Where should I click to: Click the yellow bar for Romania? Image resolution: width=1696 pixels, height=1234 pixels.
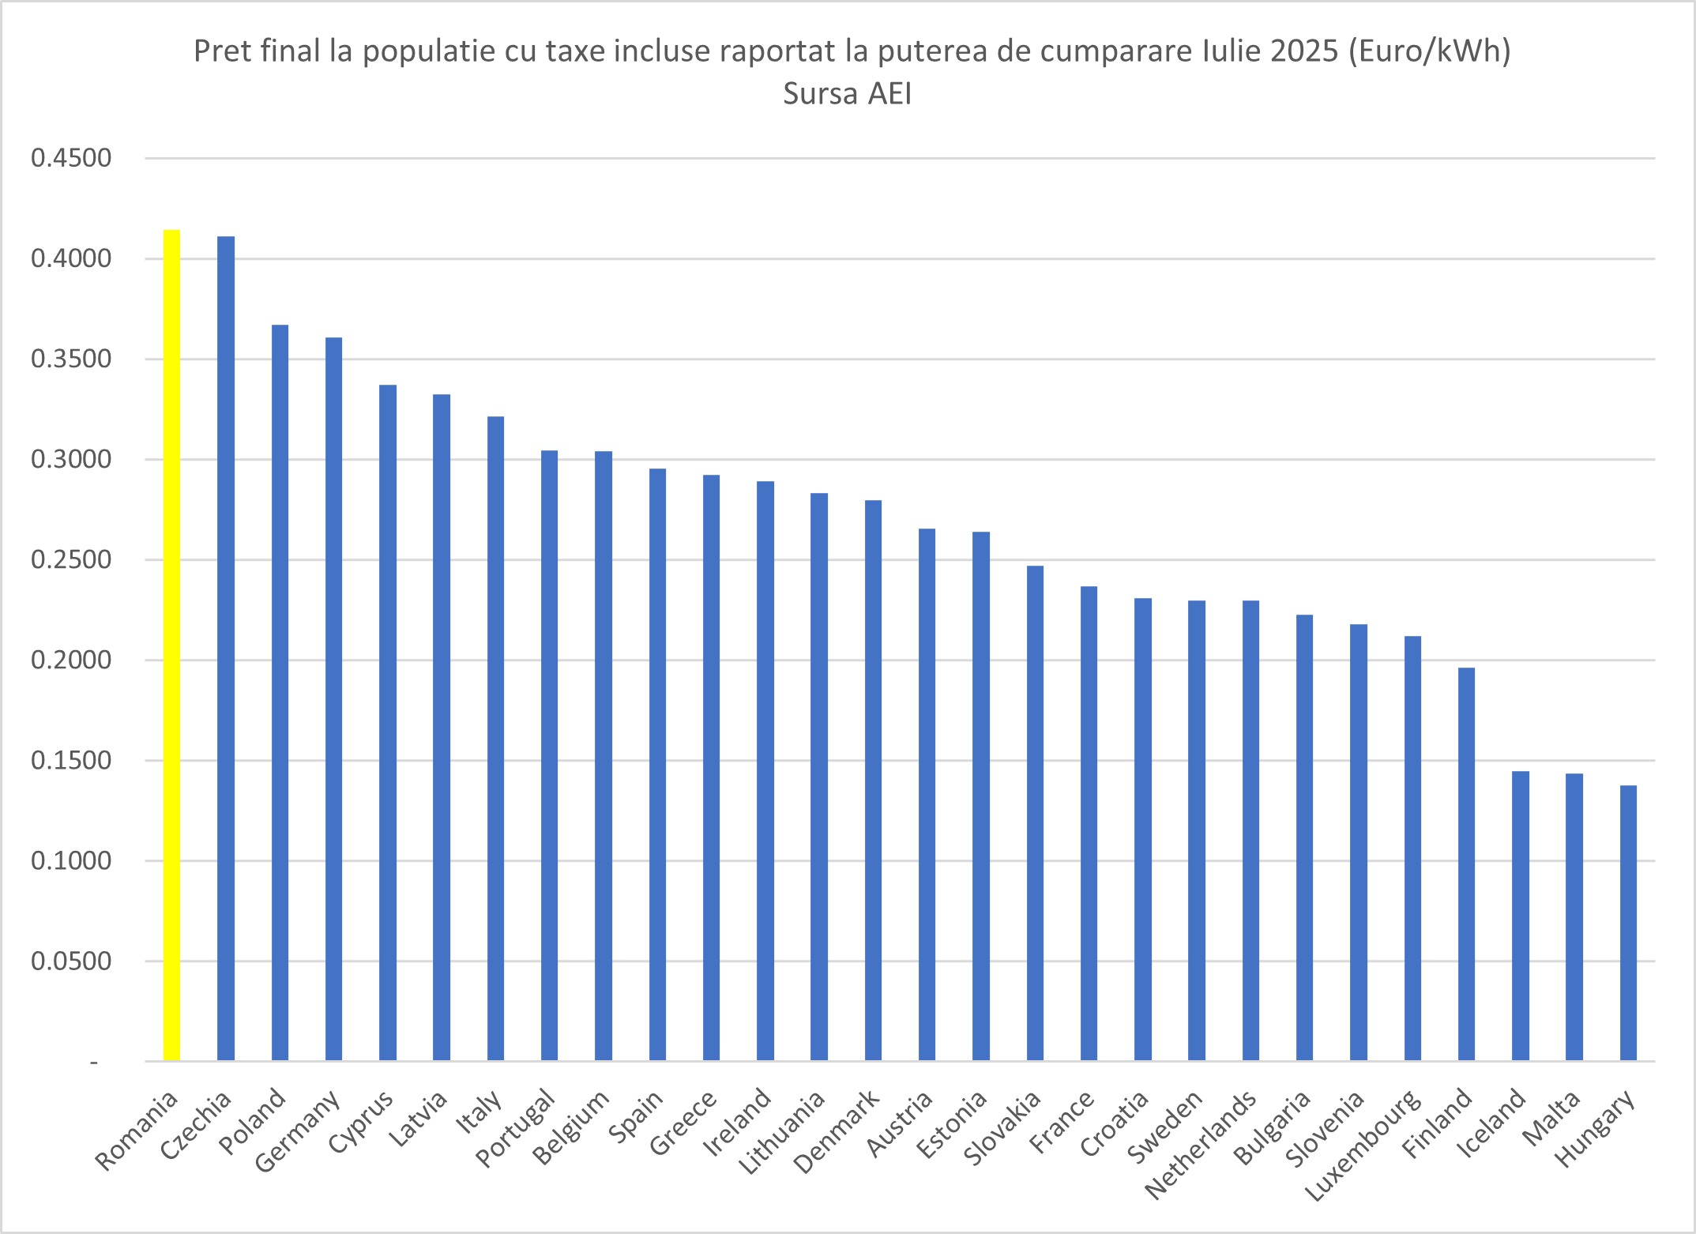[171, 645]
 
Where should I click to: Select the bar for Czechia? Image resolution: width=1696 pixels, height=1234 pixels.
[226, 648]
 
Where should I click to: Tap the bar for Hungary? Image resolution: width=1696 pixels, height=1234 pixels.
[1628, 922]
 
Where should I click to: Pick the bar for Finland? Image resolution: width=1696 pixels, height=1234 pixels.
[1466, 863]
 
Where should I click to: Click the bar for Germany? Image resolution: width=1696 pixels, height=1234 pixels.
[333, 698]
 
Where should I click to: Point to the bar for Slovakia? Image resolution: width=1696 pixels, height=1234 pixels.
[1035, 812]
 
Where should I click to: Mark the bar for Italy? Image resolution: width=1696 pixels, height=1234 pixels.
[495, 738]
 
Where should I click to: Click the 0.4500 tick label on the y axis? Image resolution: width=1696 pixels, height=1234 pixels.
[71, 158]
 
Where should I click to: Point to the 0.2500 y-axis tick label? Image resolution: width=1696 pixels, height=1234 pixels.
[71, 560]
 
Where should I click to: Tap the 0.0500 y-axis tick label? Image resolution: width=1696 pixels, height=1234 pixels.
[71, 961]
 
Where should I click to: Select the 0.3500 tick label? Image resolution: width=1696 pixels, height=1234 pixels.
[71, 359]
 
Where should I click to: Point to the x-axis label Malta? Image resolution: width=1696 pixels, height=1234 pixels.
[1551, 1118]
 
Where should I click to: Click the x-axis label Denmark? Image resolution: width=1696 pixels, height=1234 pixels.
[837, 1132]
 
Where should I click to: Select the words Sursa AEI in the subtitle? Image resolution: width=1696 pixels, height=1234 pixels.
[847, 94]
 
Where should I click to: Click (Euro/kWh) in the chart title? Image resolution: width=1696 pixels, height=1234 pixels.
[1429, 51]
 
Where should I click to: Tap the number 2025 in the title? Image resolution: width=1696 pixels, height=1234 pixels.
[1304, 51]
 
